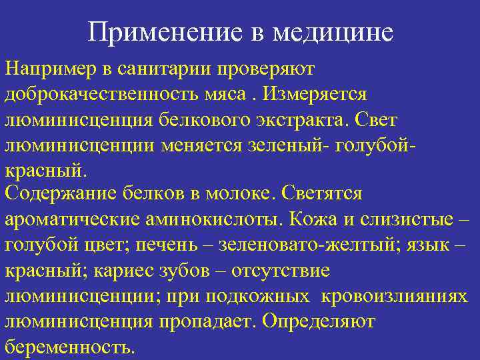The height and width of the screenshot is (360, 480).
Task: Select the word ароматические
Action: [x=73, y=219]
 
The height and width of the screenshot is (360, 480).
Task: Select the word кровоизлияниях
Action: [x=391, y=295]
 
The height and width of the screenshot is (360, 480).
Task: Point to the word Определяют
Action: [x=319, y=321]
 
